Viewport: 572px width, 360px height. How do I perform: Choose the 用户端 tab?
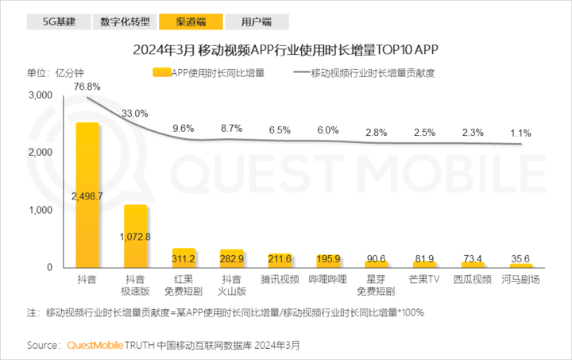pos(255,21)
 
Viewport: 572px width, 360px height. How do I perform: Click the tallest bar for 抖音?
pos(87,195)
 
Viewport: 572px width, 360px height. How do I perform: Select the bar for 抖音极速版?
pos(135,235)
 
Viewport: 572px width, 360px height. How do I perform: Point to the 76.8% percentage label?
pos(87,86)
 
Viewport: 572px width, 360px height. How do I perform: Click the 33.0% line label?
pos(135,114)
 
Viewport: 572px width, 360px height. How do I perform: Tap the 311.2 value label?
pos(184,258)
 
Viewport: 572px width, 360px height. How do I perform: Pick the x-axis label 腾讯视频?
pos(280,280)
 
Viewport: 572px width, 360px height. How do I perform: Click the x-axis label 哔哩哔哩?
pos(328,280)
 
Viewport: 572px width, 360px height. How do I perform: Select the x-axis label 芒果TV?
pos(425,280)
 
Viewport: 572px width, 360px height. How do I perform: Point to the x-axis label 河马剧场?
pos(521,280)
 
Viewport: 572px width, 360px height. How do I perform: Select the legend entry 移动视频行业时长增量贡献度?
pos(373,73)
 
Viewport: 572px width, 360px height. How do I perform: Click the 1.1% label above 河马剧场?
pos(521,133)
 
